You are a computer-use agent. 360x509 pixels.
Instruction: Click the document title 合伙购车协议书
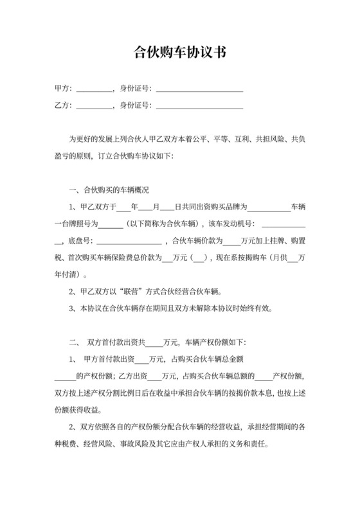click(x=179, y=52)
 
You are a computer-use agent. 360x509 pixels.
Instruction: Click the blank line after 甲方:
click(x=94, y=88)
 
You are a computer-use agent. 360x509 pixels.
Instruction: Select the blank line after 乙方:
click(x=94, y=105)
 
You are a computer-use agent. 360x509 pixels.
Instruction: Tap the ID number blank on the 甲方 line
click(x=199, y=88)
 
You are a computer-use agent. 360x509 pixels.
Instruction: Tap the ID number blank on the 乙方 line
click(x=199, y=105)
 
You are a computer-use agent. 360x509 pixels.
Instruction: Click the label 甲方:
click(x=63, y=88)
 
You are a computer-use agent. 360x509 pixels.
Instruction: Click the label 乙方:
click(x=63, y=105)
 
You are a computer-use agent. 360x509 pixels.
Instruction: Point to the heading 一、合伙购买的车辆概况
click(x=109, y=190)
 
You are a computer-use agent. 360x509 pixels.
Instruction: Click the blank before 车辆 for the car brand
click(x=269, y=208)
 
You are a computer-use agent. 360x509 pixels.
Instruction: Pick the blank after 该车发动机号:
click(x=283, y=224)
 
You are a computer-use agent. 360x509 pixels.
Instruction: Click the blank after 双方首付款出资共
click(x=155, y=341)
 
